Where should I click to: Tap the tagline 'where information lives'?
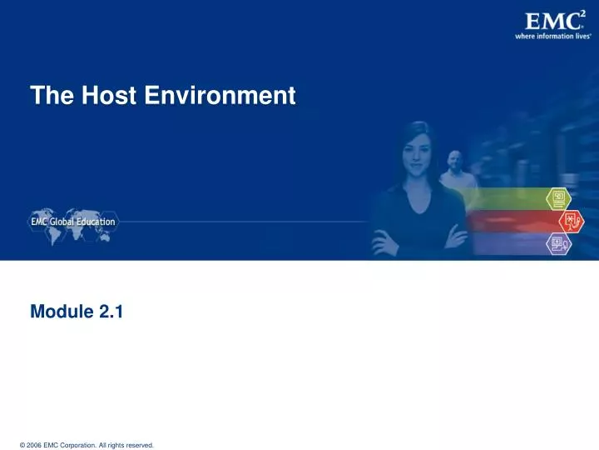tap(552, 36)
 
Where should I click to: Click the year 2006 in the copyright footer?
tap(33, 445)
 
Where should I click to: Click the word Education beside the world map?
tap(97, 222)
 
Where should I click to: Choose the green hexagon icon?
tap(557, 198)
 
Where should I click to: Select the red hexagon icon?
tap(572, 221)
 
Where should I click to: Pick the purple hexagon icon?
tap(557, 244)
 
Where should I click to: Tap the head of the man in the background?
tap(454, 160)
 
